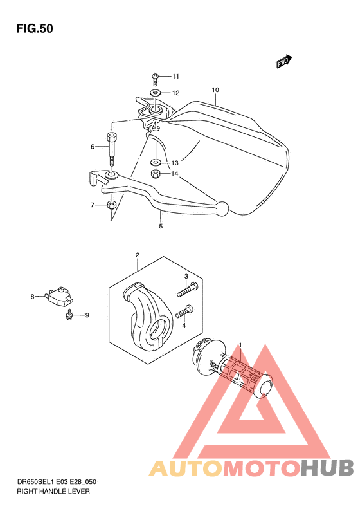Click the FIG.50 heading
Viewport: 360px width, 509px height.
(35, 28)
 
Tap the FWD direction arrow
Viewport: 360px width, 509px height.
(284, 61)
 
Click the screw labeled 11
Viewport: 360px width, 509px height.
(155, 79)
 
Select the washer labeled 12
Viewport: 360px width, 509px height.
(156, 93)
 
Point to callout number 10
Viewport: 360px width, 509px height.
(215, 90)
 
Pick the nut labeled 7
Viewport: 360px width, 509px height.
(111, 205)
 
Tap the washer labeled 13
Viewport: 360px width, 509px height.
(156, 162)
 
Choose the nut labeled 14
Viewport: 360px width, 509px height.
(156, 174)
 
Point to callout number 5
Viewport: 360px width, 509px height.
(161, 227)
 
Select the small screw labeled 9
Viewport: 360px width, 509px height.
(69, 315)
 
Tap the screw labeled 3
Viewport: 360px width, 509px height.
(188, 289)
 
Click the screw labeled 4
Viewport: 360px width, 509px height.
(184, 311)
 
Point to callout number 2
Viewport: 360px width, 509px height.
(138, 255)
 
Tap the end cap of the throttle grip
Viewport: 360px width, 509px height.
(263, 386)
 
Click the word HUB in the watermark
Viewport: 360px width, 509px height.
(327, 468)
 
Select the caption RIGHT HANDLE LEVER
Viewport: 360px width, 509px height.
(53, 492)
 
